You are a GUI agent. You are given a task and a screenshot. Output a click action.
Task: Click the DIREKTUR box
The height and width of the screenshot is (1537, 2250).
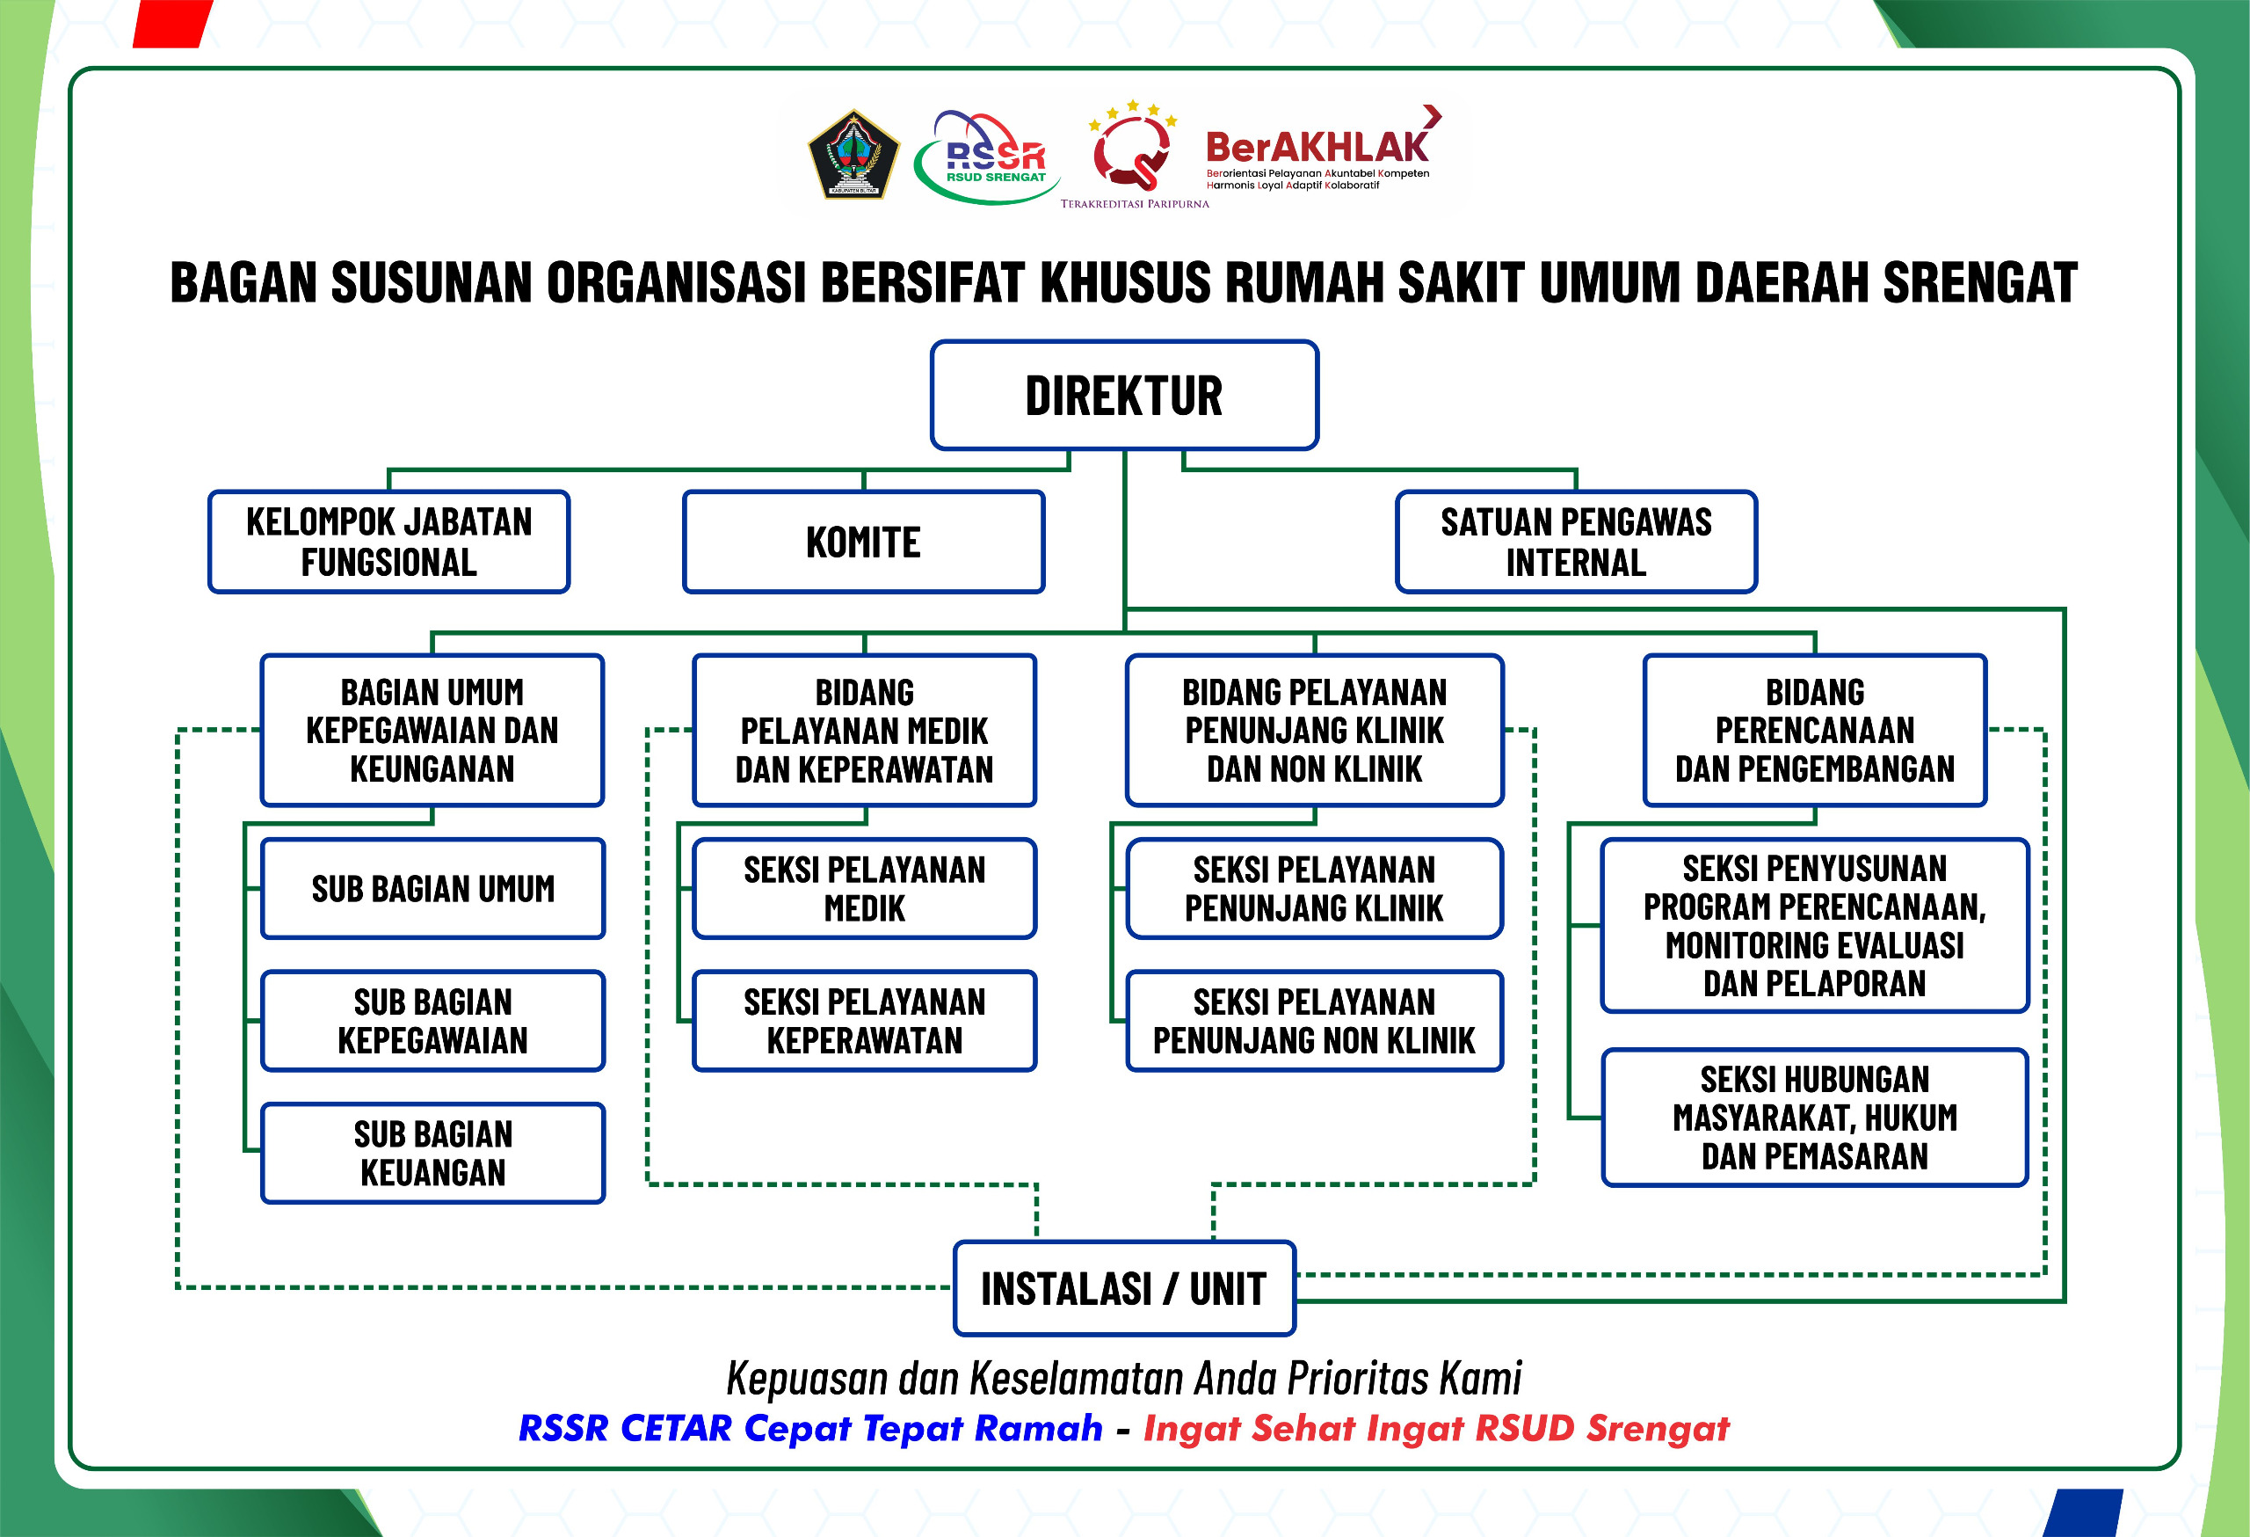point(1124,395)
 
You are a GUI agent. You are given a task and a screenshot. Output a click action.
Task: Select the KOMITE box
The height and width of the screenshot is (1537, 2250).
point(864,542)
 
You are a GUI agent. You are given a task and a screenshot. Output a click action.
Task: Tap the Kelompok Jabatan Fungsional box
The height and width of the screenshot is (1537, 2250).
point(389,542)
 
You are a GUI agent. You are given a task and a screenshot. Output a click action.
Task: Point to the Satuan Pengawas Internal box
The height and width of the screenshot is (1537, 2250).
point(1576,542)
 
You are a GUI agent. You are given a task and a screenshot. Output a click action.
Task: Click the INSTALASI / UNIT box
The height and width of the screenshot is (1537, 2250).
point(1124,1288)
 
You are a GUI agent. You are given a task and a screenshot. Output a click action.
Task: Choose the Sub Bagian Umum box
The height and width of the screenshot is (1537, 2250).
point(432,888)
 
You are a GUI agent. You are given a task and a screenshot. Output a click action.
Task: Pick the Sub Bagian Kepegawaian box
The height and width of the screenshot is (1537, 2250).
point(432,1021)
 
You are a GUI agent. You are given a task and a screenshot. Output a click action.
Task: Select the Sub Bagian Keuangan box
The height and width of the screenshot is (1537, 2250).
point(432,1153)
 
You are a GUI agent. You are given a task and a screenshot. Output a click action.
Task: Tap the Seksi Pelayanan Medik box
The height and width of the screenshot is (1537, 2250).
point(865,888)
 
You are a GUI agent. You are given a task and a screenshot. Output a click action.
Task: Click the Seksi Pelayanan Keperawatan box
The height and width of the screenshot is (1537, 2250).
point(865,1021)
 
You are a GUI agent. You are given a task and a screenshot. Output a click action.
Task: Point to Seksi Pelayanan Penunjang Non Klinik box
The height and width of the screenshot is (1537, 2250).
point(1315,1021)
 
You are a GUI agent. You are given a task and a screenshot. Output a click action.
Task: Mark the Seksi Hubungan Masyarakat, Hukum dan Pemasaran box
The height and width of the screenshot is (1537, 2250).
point(1815,1118)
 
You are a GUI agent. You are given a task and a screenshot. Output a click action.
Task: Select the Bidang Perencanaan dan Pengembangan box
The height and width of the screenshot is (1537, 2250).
point(1815,730)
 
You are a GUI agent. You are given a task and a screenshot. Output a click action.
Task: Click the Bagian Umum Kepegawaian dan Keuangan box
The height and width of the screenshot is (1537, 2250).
point(432,730)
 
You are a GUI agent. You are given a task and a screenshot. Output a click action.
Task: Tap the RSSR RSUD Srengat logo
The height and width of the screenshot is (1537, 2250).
point(988,157)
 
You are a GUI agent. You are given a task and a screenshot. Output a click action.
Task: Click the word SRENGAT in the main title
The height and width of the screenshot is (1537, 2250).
point(1980,282)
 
